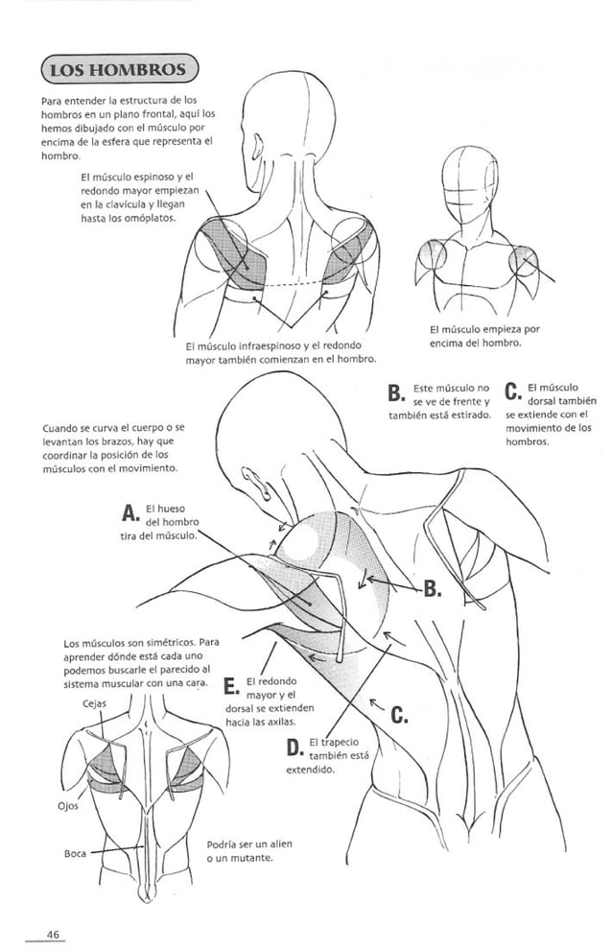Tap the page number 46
click(53, 935)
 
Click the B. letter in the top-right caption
click(394, 393)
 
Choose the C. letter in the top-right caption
click(512, 393)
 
